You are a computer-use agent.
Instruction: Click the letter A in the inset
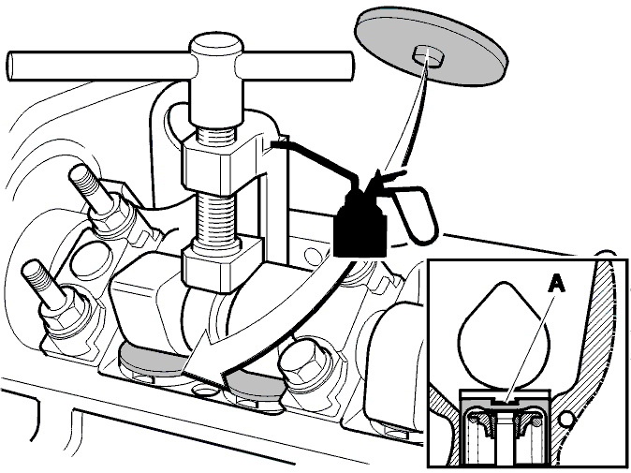pyautogui.click(x=556, y=285)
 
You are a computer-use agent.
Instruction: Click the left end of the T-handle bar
pyautogui.click(x=9, y=66)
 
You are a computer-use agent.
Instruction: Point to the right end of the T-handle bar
pyautogui.click(x=349, y=66)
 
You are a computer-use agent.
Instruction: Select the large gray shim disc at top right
pyautogui.click(x=431, y=46)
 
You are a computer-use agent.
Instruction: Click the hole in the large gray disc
pyautogui.click(x=430, y=55)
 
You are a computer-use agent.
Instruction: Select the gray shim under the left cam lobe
pyautogui.click(x=151, y=361)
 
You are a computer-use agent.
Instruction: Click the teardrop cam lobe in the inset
pyautogui.click(x=504, y=334)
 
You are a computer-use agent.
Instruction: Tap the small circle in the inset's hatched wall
pyautogui.click(x=565, y=420)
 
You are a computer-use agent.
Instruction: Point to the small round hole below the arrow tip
pyautogui.click(x=204, y=390)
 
